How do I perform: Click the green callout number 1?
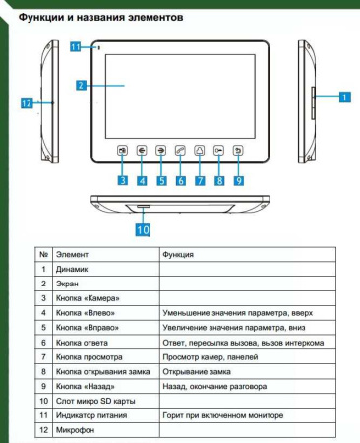[344, 96]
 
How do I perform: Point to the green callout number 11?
[75, 46]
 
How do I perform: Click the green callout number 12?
[29, 101]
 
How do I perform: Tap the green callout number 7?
[201, 181]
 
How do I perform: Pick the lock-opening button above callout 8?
[218, 152]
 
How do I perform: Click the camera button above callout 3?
[123, 152]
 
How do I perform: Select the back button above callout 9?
[239, 152]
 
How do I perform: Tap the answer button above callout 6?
[180, 152]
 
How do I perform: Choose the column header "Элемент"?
[72, 254]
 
